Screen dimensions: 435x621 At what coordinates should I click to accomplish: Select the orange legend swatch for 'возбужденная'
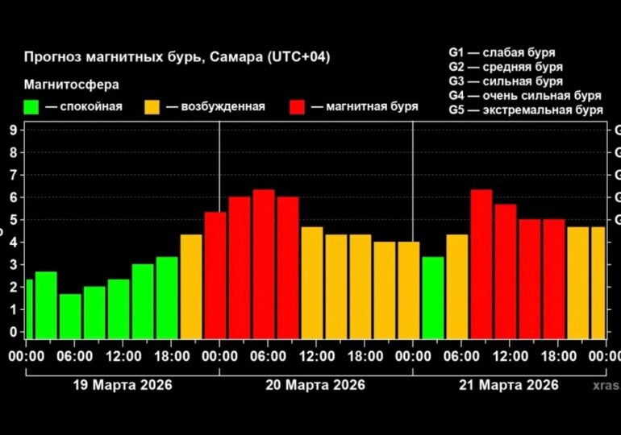152,106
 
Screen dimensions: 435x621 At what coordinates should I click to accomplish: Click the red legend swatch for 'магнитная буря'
298,106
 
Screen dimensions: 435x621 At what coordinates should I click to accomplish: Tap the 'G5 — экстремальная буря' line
526,110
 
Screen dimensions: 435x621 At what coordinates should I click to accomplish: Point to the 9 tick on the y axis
14,130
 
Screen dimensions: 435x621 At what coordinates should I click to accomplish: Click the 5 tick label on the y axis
14,219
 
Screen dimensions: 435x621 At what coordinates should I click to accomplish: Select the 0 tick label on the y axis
14,331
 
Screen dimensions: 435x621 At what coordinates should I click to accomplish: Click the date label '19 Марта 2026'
121,384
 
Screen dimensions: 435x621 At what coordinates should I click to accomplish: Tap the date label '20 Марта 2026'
315,384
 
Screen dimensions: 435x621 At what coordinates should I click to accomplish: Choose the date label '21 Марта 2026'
509,384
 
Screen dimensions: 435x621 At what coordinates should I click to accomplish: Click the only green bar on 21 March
433,297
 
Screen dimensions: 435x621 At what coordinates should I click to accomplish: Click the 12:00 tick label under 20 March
315,355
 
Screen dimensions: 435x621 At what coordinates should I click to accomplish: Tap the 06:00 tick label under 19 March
73,355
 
